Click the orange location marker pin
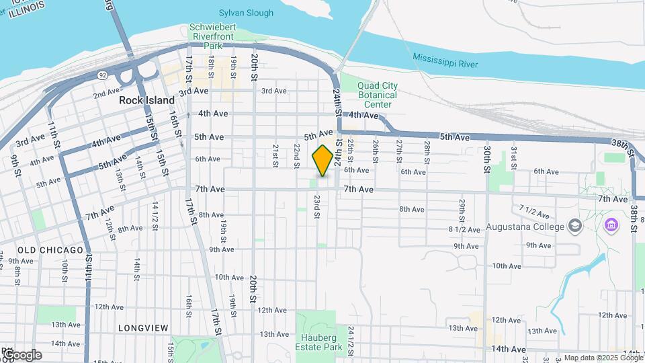pyautogui.click(x=322, y=160)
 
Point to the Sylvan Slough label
pyautogui.click(x=246, y=13)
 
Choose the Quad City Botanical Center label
pyautogui.click(x=377, y=95)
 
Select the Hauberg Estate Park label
pyautogui.click(x=318, y=342)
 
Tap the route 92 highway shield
pyautogui.click(x=102, y=76)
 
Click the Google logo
pyautogui.click(x=21, y=355)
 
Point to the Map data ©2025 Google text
pyautogui.click(x=603, y=358)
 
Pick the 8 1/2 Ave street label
pyautogui.click(x=464, y=229)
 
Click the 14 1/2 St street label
pyautogui.click(x=155, y=215)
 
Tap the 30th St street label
pyautogui.click(x=486, y=160)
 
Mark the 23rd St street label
pyautogui.click(x=316, y=207)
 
